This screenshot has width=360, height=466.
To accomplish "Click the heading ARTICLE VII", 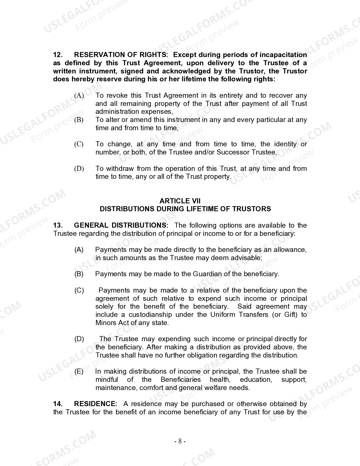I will [180, 201].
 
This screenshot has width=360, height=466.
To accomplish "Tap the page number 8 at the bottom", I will [180, 441].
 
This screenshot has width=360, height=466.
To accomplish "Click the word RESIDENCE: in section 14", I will [95, 404].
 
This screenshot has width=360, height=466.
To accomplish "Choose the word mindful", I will [107, 380].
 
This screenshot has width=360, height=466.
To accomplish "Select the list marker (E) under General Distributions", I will [79, 371].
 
